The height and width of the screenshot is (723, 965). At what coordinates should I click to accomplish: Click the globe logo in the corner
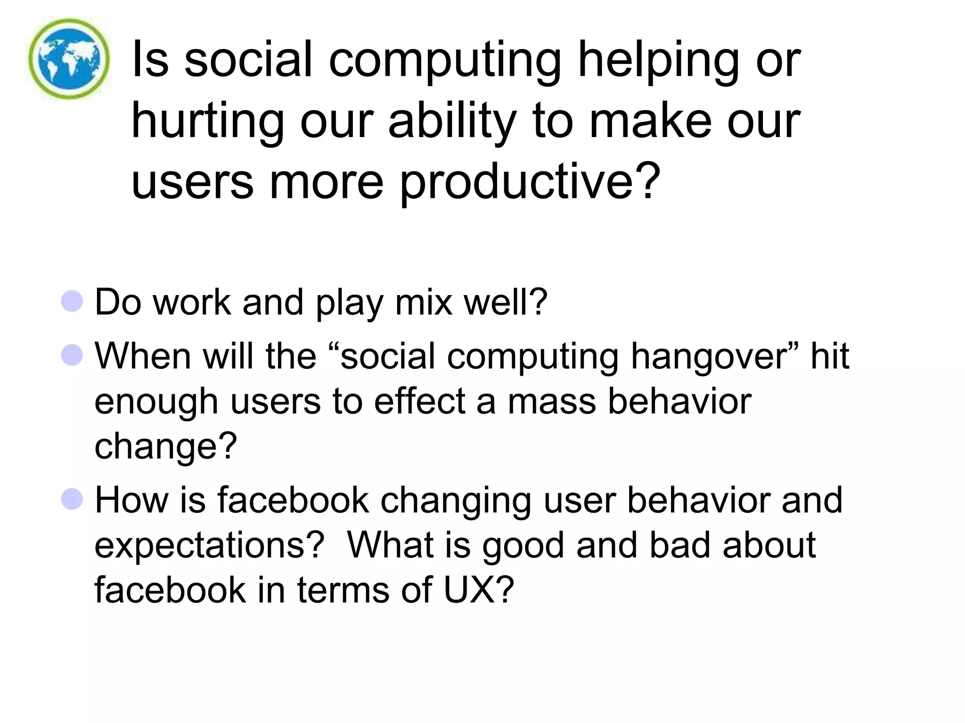tap(69, 59)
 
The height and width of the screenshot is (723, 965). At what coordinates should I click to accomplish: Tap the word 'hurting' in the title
tap(207, 122)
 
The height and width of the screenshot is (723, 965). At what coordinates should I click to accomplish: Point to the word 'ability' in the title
tap(452, 122)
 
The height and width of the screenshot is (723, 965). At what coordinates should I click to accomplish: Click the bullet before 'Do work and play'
tap(72, 301)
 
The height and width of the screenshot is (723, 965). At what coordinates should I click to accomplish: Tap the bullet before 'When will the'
tap(72, 355)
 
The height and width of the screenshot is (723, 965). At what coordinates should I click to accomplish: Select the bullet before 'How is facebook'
tap(72, 499)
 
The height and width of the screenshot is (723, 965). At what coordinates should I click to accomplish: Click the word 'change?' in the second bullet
tap(165, 447)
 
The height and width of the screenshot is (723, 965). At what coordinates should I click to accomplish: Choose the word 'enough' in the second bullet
tap(156, 402)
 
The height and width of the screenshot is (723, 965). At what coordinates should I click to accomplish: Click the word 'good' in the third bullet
tap(523, 546)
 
